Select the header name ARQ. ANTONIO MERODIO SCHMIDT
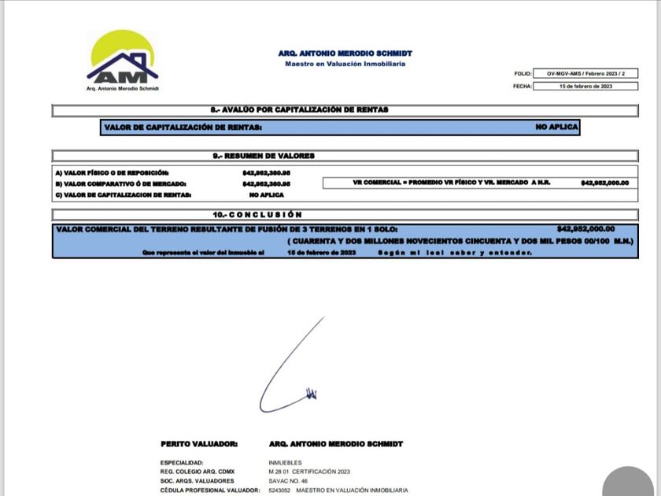345,54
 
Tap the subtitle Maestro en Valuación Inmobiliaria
345,64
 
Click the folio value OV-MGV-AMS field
585,73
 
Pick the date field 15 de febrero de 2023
585,86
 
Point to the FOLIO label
523,73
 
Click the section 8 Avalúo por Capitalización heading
294,110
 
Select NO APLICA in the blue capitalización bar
556,127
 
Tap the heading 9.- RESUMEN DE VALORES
264,156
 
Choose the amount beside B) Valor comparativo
266,183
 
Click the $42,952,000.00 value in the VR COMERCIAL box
604,183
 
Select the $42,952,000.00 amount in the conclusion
585,229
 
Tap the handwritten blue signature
291,370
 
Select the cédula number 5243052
280,490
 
